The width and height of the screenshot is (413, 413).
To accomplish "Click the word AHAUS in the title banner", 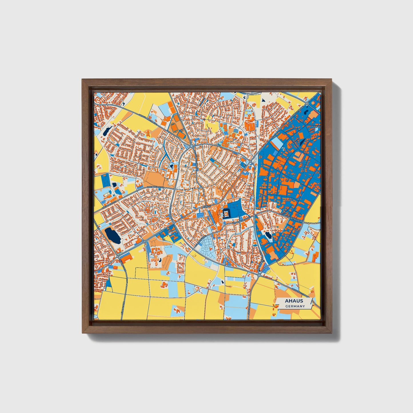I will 294,301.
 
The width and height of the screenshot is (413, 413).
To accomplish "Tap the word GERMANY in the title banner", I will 295,306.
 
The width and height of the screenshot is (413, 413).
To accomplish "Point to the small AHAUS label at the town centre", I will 206,206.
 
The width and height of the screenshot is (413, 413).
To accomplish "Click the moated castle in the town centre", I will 226,214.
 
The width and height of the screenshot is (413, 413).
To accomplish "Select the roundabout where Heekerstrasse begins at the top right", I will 306,103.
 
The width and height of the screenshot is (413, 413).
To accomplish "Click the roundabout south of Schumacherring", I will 259,275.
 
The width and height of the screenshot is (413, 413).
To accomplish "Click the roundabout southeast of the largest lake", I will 145,242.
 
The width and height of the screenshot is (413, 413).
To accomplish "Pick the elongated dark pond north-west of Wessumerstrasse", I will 106,131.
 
